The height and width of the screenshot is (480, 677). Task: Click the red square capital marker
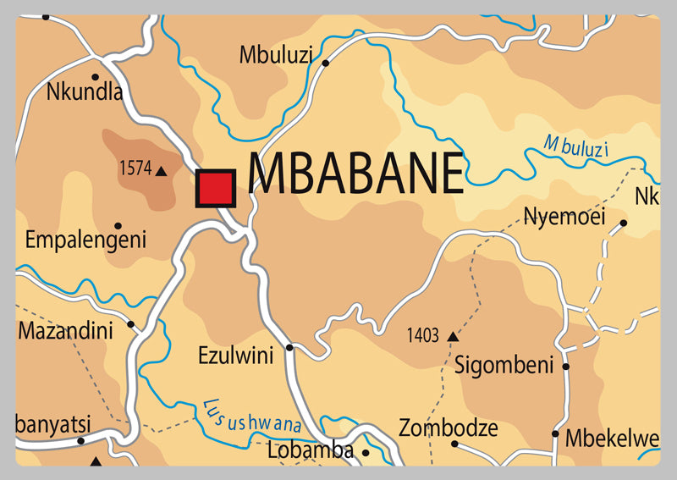click(x=215, y=188)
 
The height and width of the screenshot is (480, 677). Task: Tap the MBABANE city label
click(x=356, y=174)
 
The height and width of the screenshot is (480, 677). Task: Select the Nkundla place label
click(x=85, y=91)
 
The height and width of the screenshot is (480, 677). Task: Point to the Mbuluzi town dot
click(x=324, y=62)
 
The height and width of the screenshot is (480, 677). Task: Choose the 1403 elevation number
click(x=422, y=336)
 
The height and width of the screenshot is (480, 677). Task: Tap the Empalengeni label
click(x=85, y=240)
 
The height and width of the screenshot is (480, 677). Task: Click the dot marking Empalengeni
click(x=118, y=226)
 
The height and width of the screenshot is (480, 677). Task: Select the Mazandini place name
click(x=65, y=330)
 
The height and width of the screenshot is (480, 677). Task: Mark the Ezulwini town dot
click(x=289, y=347)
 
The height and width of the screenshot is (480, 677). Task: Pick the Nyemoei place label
click(x=564, y=217)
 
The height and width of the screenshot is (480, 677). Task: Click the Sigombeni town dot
click(x=566, y=367)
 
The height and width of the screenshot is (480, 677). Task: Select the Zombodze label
click(x=448, y=428)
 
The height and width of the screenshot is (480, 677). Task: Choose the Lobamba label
click(x=310, y=451)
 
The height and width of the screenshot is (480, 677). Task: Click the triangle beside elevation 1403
click(x=452, y=337)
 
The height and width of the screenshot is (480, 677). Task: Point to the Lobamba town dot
click(x=366, y=453)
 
